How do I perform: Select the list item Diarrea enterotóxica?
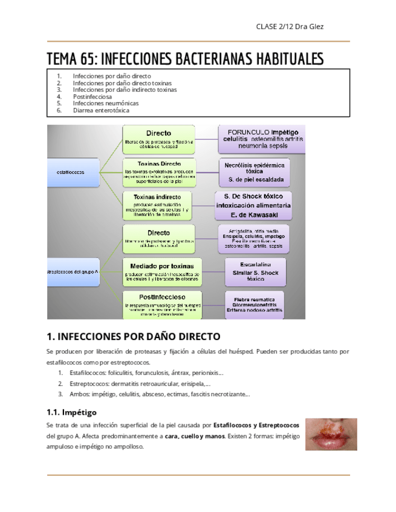pyautogui.click(x=101, y=110)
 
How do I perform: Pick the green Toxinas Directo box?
pyautogui.click(x=158, y=172)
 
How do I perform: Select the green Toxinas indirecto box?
pyautogui.click(x=158, y=205)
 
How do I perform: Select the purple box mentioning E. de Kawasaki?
pyautogui.click(x=253, y=205)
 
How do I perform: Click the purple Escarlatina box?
pyautogui.click(x=256, y=272)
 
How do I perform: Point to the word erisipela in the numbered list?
pyautogui.click(x=192, y=383)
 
